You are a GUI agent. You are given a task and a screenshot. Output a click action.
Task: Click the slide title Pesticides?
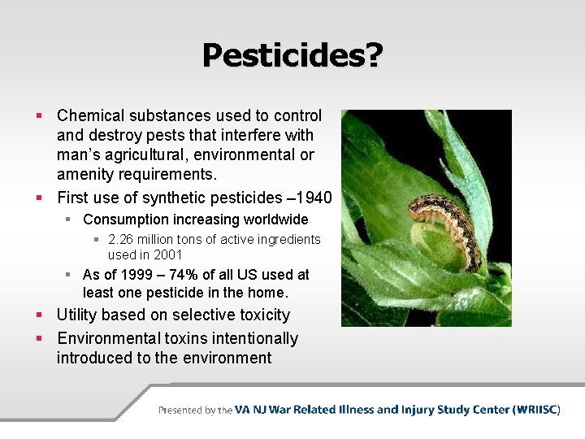coord(292,55)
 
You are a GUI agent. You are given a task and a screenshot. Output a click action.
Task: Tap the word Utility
coord(79,315)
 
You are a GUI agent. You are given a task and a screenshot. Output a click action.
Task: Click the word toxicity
coord(261,315)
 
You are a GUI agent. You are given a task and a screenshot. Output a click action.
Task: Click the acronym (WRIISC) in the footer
coord(536,410)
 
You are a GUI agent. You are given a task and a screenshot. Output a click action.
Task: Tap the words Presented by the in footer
coord(195,411)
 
